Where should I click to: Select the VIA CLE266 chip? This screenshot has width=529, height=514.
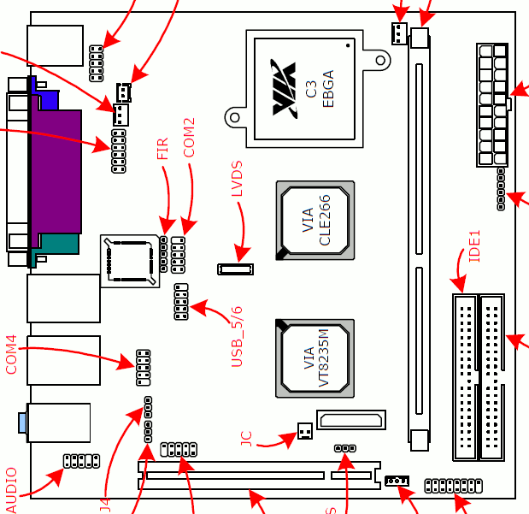tap(314, 221)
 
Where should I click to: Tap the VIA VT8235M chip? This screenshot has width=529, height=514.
tap(314, 358)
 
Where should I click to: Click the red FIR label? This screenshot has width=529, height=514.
tap(163, 150)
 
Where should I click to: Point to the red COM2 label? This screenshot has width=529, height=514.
tap(190, 137)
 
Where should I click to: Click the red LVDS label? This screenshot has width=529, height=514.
tap(238, 180)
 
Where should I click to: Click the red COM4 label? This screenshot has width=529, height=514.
tap(11, 354)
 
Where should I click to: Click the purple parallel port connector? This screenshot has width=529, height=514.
tap(56, 171)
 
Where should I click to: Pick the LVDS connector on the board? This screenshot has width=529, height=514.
tap(236, 269)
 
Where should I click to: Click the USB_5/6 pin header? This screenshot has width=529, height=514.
tap(181, 302)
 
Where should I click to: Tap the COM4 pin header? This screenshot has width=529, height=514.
tap(143, 365)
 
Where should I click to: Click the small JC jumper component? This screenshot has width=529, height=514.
tap(305, 434)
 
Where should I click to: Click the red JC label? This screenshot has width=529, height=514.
tap(247, 440)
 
